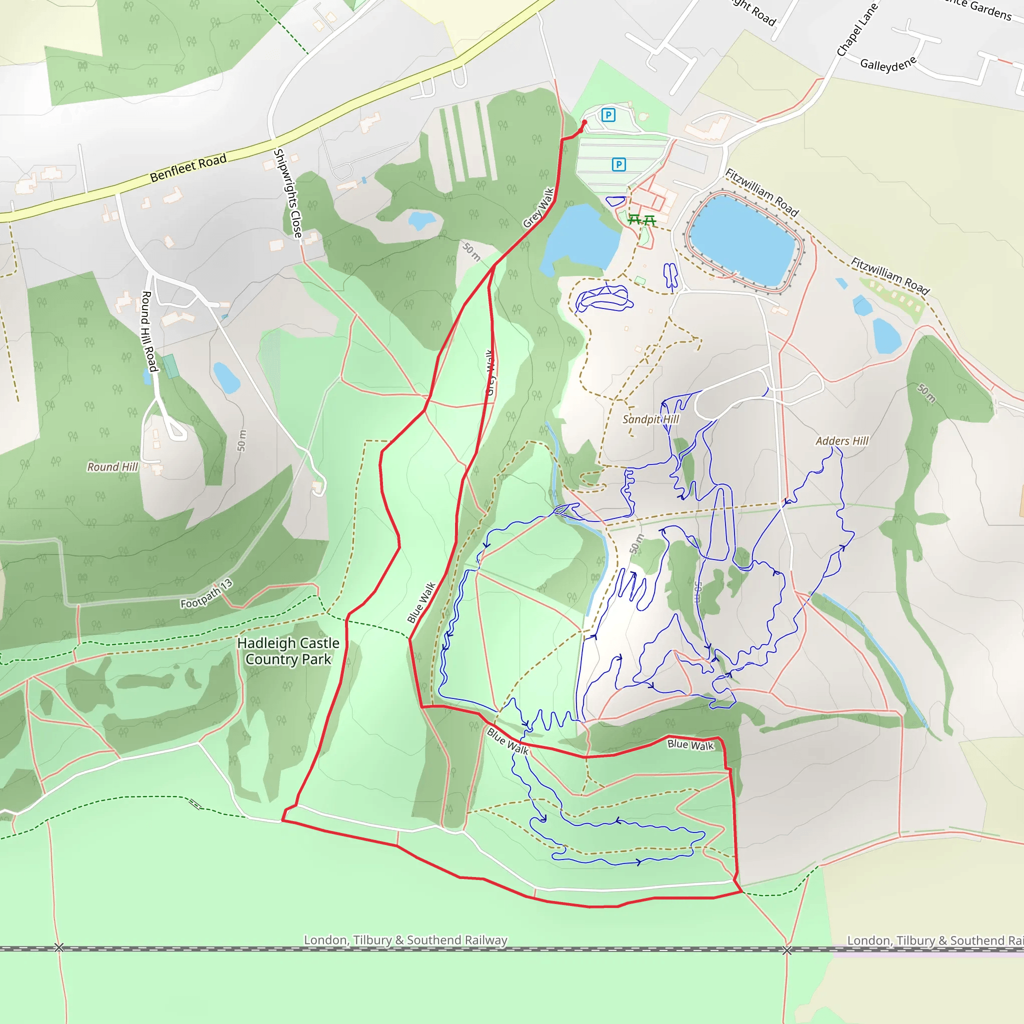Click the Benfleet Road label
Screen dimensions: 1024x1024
[x=188, y=167]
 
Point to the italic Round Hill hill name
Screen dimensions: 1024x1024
[x=112, y=467]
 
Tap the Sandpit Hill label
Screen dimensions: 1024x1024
[x=650, y=419]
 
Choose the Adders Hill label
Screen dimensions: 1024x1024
[x=841, y=441]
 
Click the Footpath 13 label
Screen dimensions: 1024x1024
[x=206, y=594]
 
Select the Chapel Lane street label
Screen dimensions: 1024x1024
[x=856, y=29]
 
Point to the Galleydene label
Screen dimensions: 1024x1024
[x=888, y=64]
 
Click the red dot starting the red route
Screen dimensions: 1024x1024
[x=584, y=122]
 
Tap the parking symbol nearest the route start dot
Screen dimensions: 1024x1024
[x=608, y=114]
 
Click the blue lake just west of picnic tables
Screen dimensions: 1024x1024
[x=581, y=238]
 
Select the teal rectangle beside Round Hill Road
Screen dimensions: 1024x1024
[x=170, y=366]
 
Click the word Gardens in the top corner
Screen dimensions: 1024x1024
[x=990, y=10]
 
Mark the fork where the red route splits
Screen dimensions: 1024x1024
[x=494, y=266]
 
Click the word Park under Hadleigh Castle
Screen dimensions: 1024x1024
[x=316, y=659]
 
